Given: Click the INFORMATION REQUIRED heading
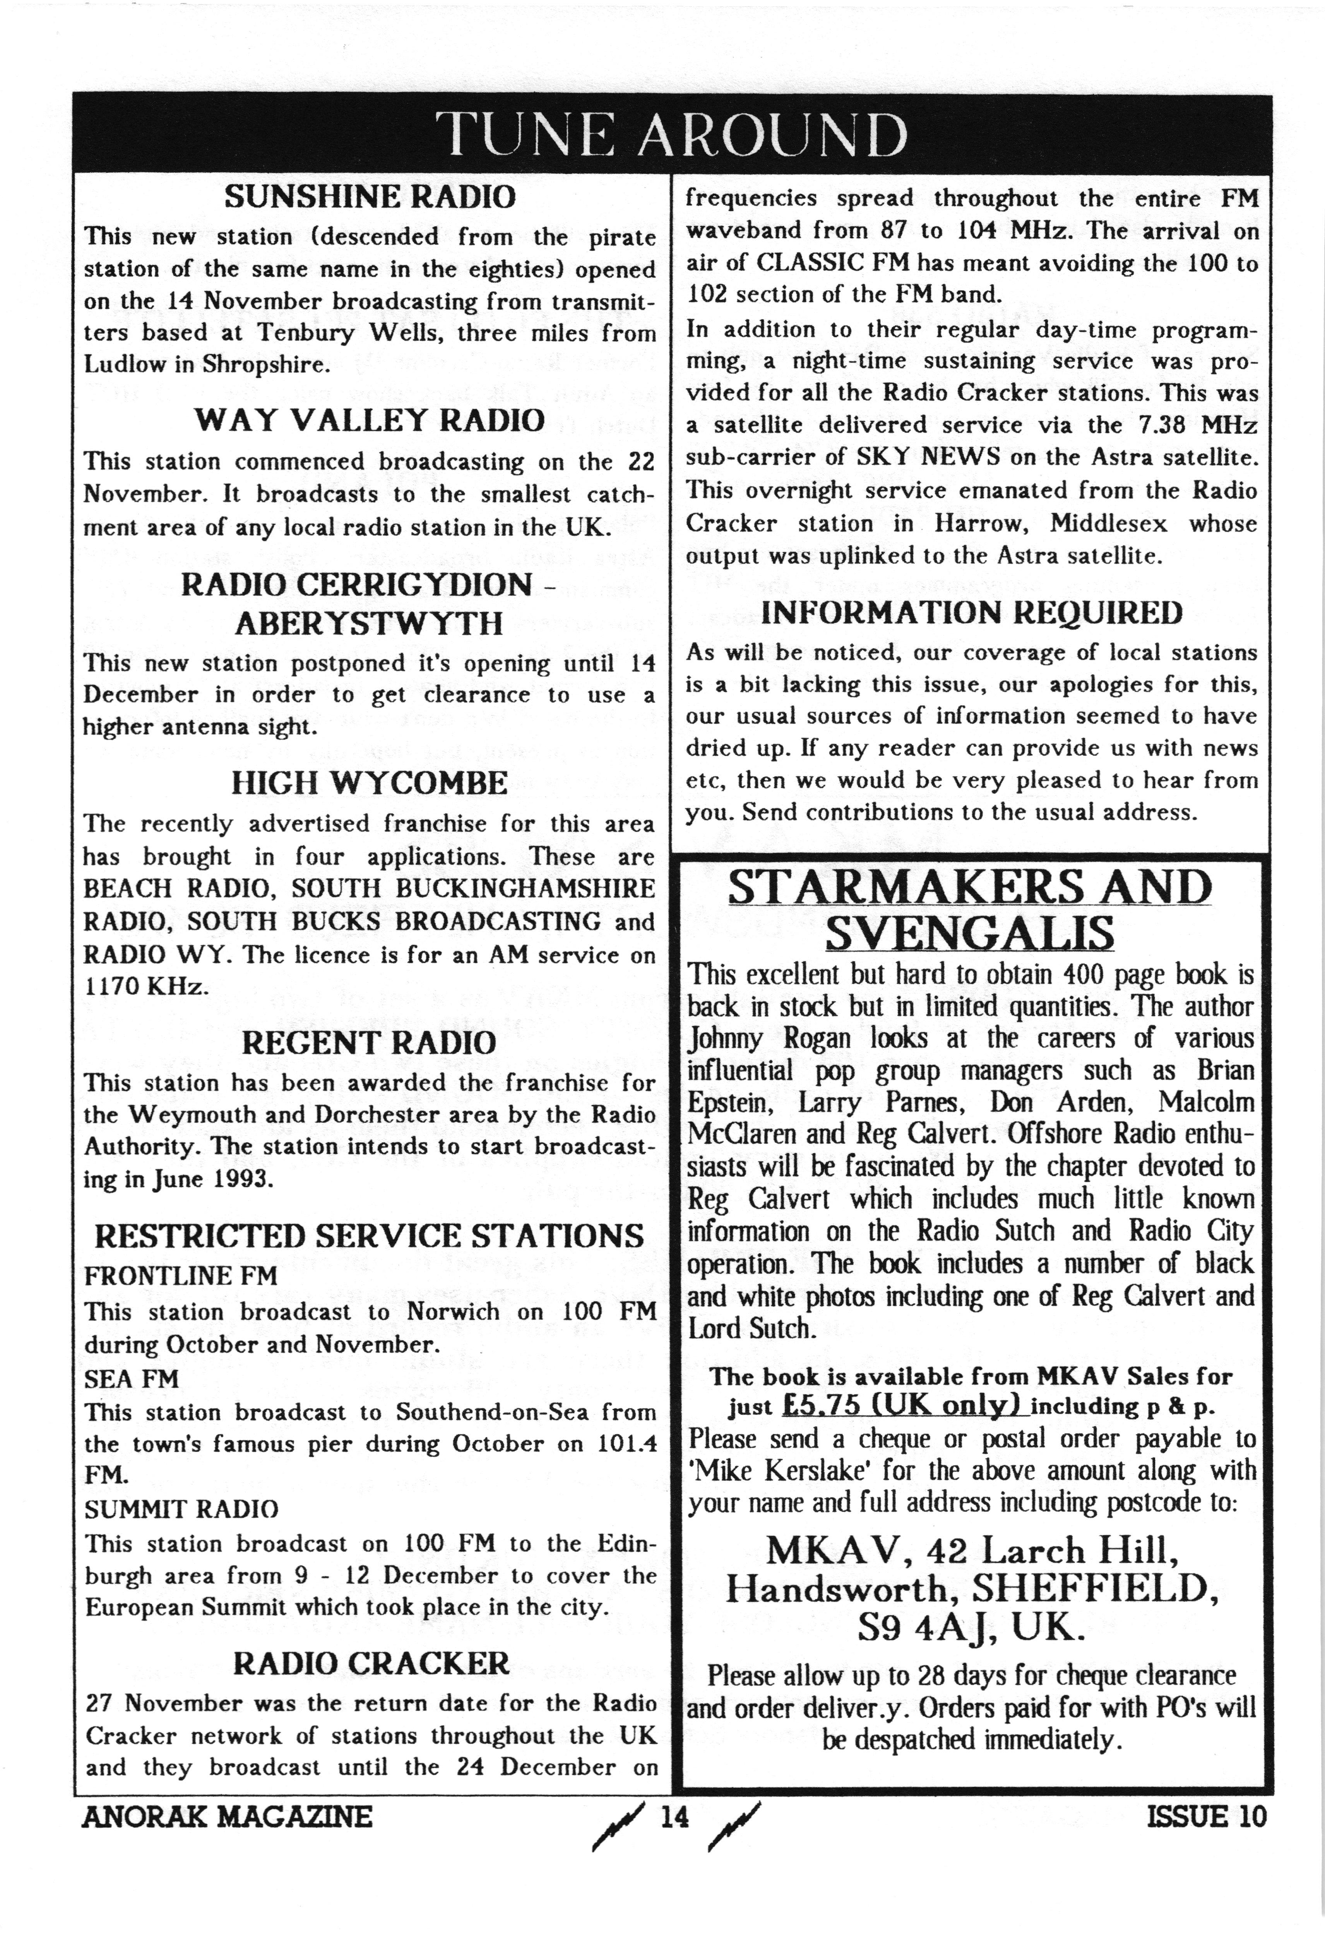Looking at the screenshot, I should click(x=972, y=613).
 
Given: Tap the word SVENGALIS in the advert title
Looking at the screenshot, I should click(x=970, y=932).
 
